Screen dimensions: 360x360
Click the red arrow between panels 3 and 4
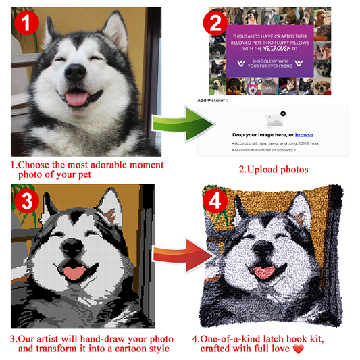pos(174,256)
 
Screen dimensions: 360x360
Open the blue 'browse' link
pos(304,135)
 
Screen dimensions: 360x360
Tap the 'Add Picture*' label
pos(212,100)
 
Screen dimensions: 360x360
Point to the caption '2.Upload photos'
pos(273,169)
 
